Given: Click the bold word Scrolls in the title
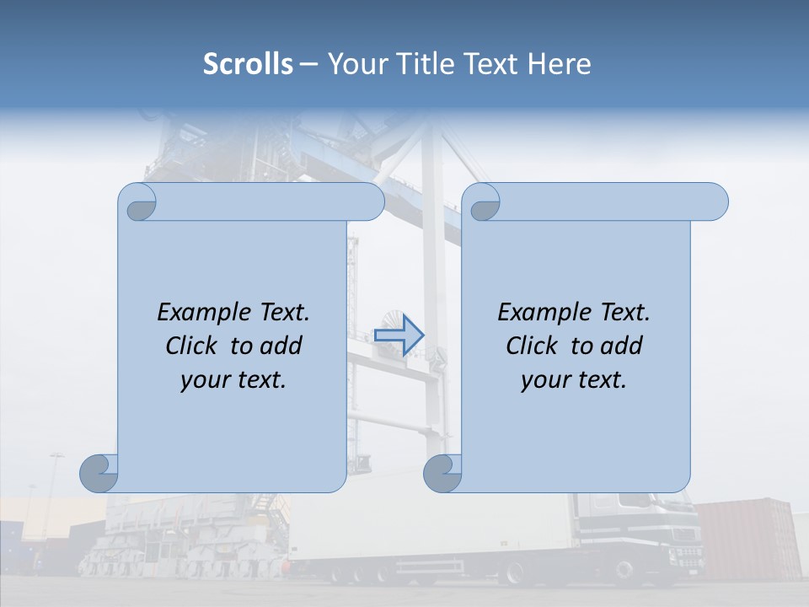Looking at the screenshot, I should tap(248, 63).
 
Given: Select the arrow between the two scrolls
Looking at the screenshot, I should tap(399, 335).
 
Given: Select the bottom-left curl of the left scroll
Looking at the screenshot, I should tap(99, 473).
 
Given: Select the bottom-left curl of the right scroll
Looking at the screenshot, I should tap(443, 473).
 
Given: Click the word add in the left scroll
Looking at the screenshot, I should tap(282, 346).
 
